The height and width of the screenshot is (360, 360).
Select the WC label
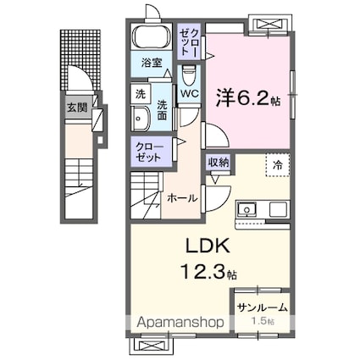tap(191, 93)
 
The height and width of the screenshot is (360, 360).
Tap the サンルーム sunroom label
tap(261, 309)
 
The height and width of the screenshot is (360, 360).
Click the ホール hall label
tap(182, 197)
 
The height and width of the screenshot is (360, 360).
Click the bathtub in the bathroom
tap(152, 39)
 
